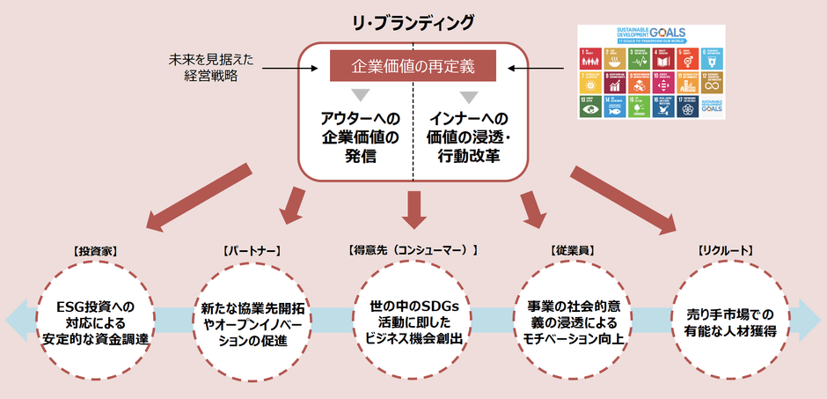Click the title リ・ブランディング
(413, 21)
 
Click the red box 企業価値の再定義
(412, 65)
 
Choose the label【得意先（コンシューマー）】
(413, 250)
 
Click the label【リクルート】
(725, 250)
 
